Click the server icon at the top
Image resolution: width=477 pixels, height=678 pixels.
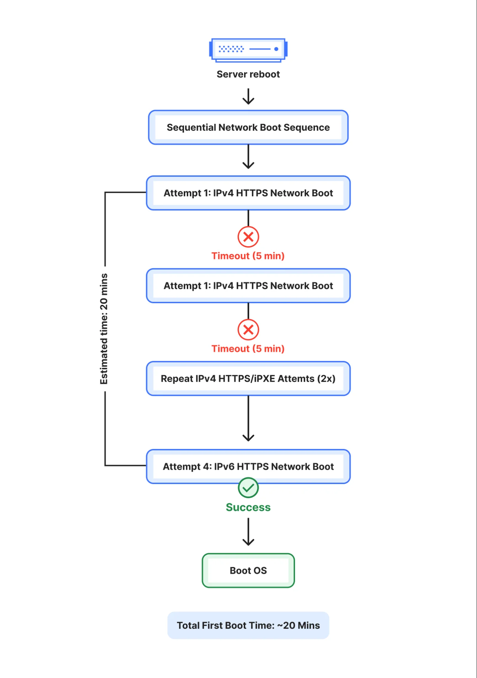(248, 50)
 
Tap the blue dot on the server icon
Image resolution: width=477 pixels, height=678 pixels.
(276, 49)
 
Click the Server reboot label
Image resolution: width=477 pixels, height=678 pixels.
(248, 74)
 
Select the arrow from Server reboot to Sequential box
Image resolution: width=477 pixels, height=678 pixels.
(248, 96)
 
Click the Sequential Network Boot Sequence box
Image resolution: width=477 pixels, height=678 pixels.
(248, 128)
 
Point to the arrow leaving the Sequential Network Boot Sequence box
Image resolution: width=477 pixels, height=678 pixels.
(248, 157)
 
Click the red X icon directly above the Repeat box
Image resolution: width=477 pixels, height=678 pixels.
(248, 329)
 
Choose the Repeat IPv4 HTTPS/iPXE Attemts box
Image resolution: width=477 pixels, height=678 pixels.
(248, 379)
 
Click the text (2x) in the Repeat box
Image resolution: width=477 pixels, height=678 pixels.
(326, 379)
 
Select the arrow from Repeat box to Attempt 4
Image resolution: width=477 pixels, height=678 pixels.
(248, 419)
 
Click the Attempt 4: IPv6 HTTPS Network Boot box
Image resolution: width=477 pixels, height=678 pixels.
(248, 467)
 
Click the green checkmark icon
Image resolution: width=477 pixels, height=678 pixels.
(248, 488)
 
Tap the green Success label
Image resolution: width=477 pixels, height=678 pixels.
(248, 507)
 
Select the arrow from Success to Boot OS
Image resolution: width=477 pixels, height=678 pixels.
(248, 532)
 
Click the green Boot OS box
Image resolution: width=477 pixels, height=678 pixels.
(248, 570)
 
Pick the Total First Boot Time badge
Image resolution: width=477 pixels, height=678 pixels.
(248, 625)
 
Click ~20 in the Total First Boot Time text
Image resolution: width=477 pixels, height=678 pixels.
(286, 625)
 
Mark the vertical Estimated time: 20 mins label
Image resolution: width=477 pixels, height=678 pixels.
(104, 329)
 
